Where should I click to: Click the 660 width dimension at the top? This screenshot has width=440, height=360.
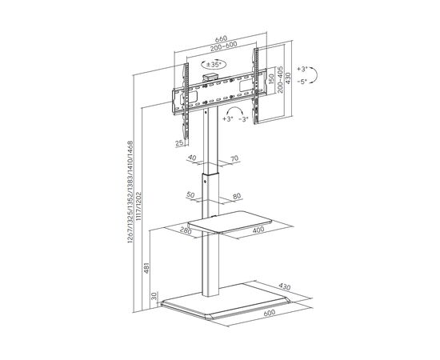click(x=221, y=38)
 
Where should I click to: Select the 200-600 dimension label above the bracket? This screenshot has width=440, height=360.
click(x=224, y=46)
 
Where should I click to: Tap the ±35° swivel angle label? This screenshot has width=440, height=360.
click(x=214, y=65)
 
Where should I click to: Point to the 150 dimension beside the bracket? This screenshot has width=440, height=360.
click(x=270, y=79)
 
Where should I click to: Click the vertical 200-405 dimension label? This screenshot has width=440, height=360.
click(x=280, y=80)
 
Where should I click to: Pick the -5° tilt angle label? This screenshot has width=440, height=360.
click(x=302, y=82)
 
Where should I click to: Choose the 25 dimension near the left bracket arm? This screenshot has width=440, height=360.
click(x=179, y=143)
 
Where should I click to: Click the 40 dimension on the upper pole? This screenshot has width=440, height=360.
click(x=192, y=158)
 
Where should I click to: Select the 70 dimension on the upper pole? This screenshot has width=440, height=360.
click(x=234, y=158)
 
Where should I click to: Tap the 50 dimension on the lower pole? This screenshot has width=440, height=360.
click(x=190, y=194)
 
